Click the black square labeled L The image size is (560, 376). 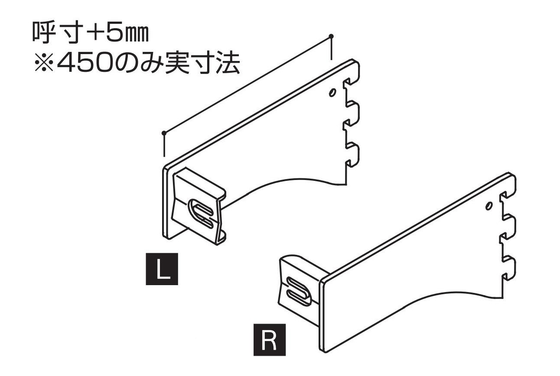(x=162, y=270)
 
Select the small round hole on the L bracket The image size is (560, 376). (x=332, y=93)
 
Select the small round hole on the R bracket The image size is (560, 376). (x=488, y=206)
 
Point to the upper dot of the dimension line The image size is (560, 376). (x=331, y=35)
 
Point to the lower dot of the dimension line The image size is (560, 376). (x=164, y=132)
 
